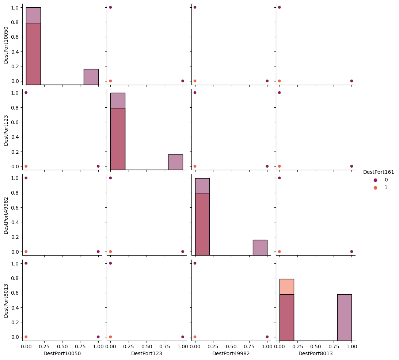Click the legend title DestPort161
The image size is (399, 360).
pyautogui.click(x=379, y=172)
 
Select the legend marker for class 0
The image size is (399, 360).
pyautogui.click(x=375, y=180)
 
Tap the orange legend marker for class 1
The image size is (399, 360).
pyautogui.click(x=375, y=188)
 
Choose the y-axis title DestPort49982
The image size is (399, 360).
pyautogui.click(x=6, y=215)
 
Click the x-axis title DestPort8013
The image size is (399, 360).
pyautogui.click(x=315, y=353)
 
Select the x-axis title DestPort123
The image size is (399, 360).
pyautogui.click(x=147, y=353)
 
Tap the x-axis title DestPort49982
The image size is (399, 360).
pyautogui.click(x=231, y=353)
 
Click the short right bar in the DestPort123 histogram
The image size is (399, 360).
pyautogui.click(x=175, y=162)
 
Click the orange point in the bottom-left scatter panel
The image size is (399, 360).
pyautogui.click(x=26, y=337)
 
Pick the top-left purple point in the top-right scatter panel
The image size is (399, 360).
pyautogui.click(x=279, y=7)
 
